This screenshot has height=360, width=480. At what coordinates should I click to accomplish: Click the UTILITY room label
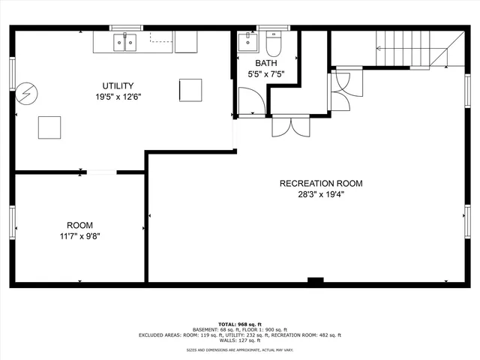(118, 86)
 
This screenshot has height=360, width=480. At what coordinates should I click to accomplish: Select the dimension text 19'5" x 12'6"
(118, 97)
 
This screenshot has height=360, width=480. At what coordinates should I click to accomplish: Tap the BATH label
(265, 64)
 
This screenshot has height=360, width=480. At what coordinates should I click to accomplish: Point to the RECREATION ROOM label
(320, 184)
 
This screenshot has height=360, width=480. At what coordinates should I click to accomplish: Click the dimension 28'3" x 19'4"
(320, 194)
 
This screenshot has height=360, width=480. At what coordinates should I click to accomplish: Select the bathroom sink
(247, 41)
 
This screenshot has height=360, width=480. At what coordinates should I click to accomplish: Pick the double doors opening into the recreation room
(290, 126)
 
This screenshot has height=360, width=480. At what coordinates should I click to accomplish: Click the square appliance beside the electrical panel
(49, 127)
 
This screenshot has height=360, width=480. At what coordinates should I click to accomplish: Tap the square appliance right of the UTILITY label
(190, 90)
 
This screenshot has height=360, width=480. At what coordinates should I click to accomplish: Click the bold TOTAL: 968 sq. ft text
(240, 323)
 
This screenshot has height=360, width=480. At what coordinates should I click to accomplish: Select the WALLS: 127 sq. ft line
(240, 340)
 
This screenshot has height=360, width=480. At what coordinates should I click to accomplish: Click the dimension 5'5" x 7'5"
(265, 74)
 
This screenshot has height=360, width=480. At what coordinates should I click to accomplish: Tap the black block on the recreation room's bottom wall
(315, 281)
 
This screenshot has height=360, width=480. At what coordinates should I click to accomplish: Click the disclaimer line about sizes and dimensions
(240, 350)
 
